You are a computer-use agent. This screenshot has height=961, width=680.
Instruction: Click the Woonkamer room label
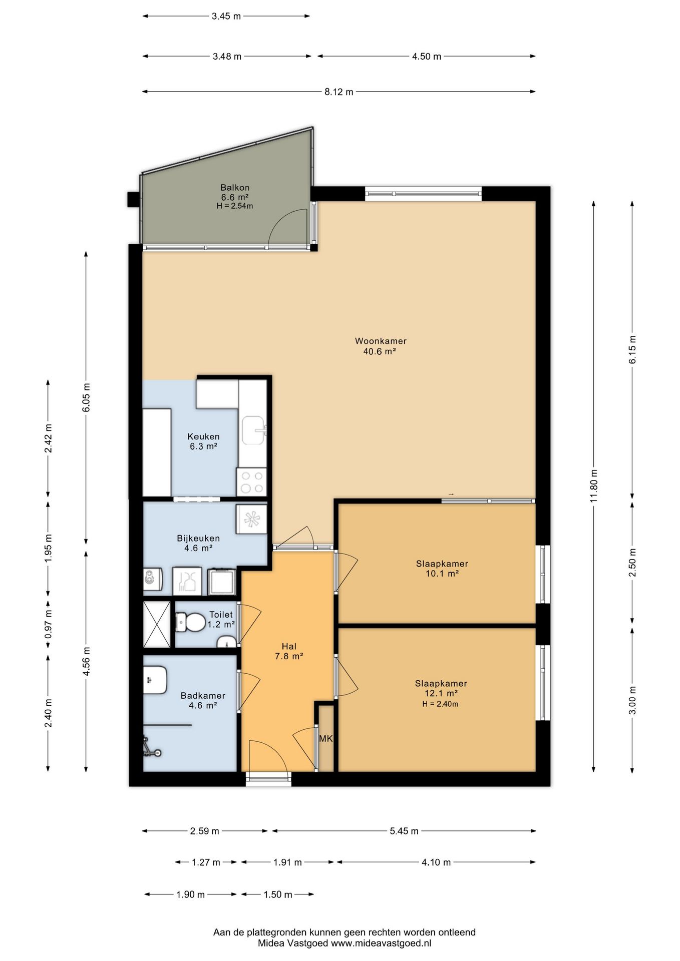[381, 341]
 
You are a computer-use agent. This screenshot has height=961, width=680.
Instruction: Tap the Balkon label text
[235, 188]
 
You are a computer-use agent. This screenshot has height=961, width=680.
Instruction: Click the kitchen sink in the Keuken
[254, 430]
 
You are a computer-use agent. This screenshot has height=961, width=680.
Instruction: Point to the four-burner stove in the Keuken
[252, 482]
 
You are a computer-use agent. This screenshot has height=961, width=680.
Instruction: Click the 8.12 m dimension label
[339, 92]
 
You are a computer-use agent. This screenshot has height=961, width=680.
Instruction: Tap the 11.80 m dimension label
[594, 486]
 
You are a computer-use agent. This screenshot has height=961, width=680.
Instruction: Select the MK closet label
[326, 738]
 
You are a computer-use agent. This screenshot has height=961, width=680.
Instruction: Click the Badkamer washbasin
[155, 679]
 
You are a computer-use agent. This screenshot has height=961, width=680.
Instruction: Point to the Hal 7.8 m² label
[289, 651]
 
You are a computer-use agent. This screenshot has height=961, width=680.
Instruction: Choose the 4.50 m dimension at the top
[427, 57]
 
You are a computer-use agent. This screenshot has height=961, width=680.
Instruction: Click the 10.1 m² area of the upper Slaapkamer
[442, 574]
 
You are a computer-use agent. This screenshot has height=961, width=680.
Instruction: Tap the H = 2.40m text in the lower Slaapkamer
[440, 704]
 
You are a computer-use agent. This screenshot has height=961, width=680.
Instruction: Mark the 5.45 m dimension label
[404, 831]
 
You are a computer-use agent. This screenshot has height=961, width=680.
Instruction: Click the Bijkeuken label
[198, 539]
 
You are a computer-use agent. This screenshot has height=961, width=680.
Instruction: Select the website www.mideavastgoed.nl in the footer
[381, 943]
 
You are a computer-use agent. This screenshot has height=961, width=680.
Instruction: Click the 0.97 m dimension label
[48, 625]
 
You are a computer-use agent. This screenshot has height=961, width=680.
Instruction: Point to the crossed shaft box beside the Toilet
[157, 624]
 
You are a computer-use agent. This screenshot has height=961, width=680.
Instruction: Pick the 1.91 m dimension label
[287, 862]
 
